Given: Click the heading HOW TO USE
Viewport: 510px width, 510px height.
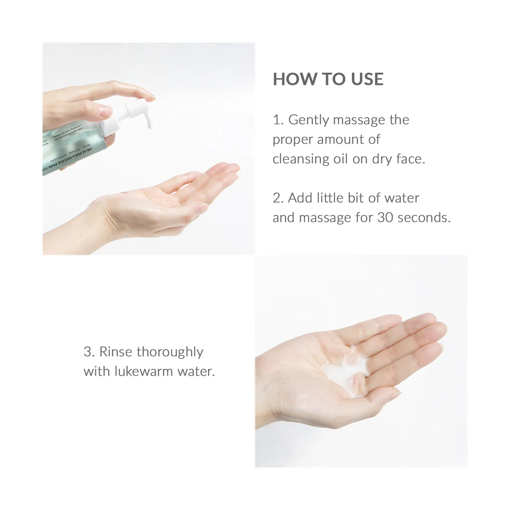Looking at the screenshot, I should coord(328,79).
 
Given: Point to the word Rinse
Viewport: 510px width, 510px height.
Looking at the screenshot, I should coord(116,352).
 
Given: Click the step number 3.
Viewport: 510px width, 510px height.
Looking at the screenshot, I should coord(88,352).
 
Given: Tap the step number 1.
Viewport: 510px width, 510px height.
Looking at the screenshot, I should coord(277,120).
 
